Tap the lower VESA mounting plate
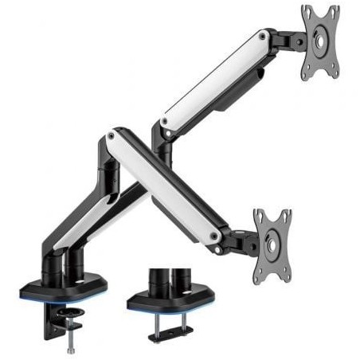[x=272, y=235]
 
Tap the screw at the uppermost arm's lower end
[x=164, y=121]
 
